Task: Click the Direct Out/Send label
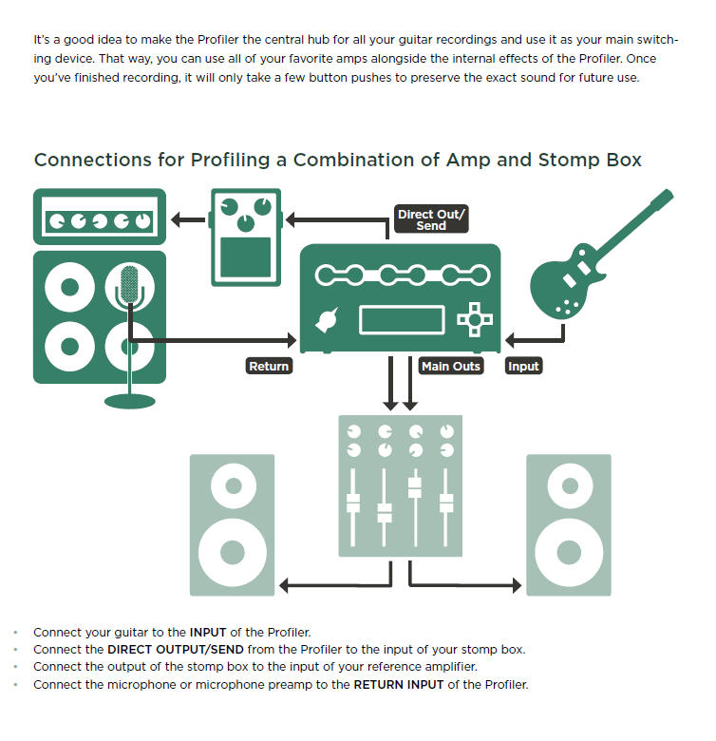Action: pos(431,219)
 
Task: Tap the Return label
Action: pos(269,367)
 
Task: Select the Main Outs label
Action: pos(451,367)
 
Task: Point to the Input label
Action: pos(523,367)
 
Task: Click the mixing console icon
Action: pos(401,485)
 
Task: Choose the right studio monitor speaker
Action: pos(569,524)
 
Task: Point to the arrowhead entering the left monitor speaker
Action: pos(285,585)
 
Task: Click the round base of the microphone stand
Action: pos(130,398)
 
